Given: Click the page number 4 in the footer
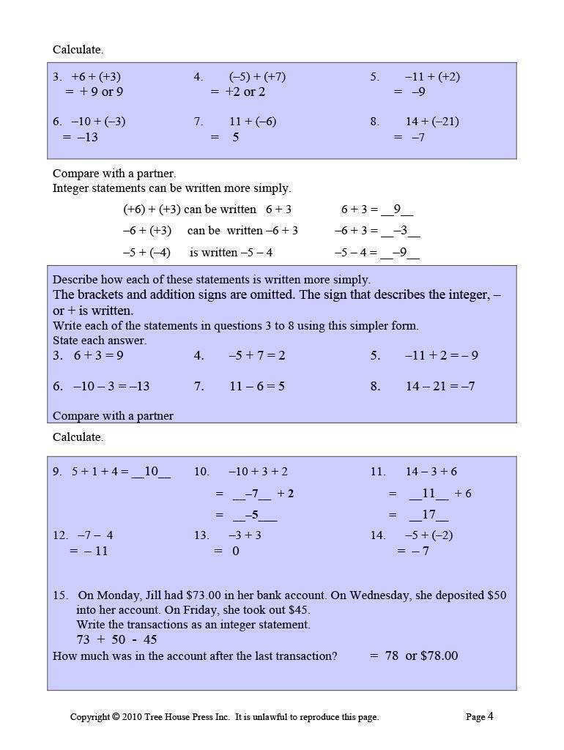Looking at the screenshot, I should pos(490,716).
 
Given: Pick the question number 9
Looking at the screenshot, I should pos(57,472).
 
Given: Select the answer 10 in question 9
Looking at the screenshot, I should pos(151,472).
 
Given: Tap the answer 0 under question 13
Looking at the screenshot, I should pos(235,551).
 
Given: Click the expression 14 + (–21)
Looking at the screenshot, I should pos(432,122).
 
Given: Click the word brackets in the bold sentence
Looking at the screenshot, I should pos(100,295).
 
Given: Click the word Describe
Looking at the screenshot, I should pos(73,280).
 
